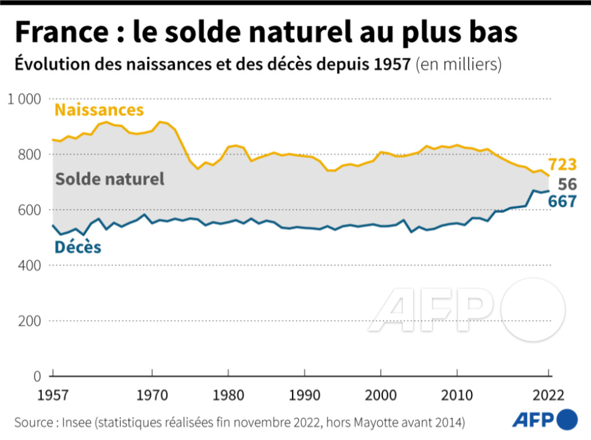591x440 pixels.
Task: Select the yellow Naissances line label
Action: (x=98, y=110)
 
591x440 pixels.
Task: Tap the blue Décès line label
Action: (x=78, y=248)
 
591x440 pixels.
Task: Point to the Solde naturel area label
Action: (x=110, y=179)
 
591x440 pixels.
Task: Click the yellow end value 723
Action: (x=562, y=165)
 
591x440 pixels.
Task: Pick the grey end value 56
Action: (x=567, y=184)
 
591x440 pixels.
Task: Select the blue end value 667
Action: (x=562, y=202)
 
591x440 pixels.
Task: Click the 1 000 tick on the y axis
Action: (x=23, y=99)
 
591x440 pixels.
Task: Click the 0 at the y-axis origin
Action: (x=36, y=376)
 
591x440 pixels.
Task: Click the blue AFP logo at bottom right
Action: (x=545, y=420)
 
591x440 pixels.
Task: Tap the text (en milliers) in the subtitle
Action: (x=458, y=64)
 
